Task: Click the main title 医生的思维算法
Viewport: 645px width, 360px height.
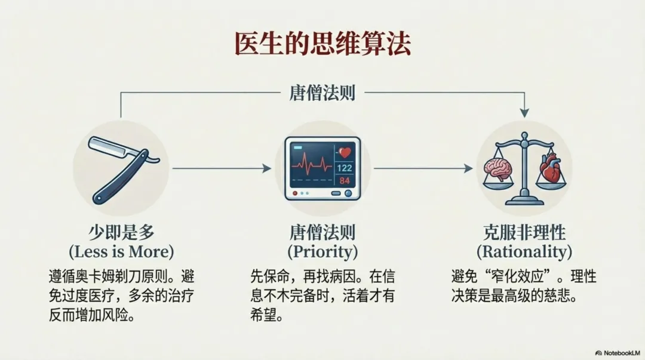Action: [322, 45]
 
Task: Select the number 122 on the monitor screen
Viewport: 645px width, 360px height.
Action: [345, 168]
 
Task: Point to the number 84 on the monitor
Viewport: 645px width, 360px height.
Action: [345, 181]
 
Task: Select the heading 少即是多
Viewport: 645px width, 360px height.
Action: [121, 232]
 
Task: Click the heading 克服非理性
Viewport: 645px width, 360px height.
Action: [524, 232]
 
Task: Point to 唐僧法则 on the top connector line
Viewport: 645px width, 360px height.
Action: [322, 94]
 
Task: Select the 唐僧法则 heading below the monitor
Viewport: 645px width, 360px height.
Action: [322, 232]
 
